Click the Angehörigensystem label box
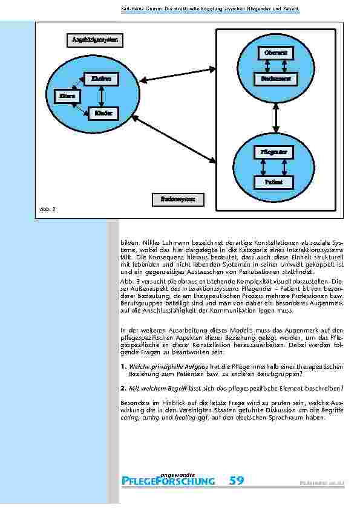tap(94, 41)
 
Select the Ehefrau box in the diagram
tap(101, 79)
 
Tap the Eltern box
tap(65, 96)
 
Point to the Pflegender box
tap(270, 152)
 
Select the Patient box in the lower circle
tap(270, 181)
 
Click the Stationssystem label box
tap(178, 199)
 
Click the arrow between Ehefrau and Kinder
tap(102, 96)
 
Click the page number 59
tap(237, 481)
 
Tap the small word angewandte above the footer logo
tap(175, 472)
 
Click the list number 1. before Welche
tap(123, 367)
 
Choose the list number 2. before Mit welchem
tap(123, 388)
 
